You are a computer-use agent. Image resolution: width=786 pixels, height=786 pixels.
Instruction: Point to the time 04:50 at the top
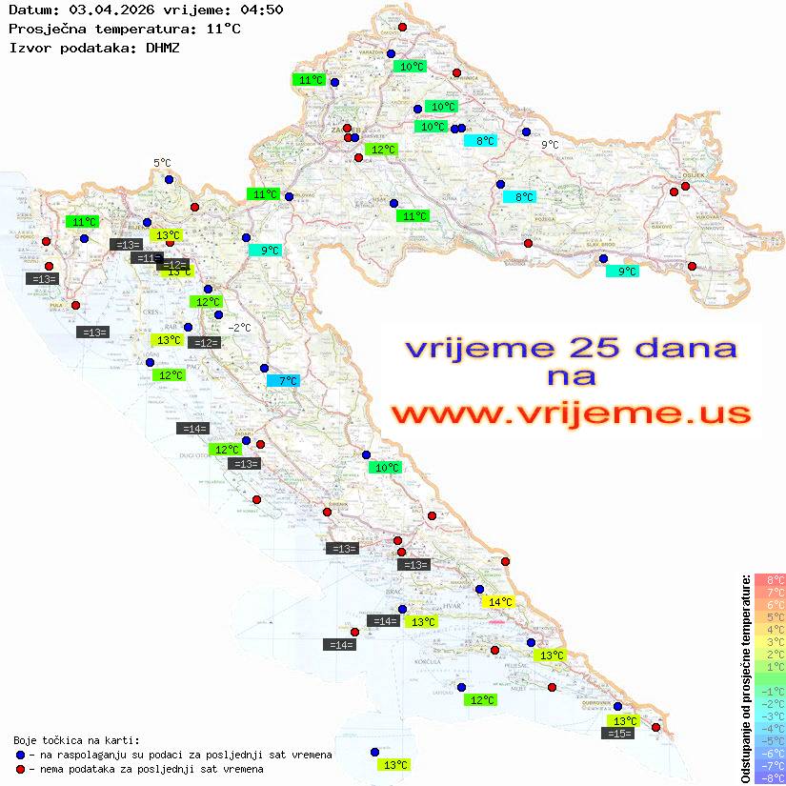(262, 10)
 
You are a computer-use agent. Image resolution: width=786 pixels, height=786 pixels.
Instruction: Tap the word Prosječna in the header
(43, 29)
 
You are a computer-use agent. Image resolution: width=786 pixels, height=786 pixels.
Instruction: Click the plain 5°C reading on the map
(162, 164)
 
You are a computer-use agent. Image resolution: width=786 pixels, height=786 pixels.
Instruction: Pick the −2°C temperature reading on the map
(240, 328)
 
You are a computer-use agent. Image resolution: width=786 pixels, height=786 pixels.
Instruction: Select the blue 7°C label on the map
(283, 380)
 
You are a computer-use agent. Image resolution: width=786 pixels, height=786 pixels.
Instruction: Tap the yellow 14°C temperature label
(498, 601)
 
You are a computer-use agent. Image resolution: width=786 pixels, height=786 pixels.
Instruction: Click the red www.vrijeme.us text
(570, 414)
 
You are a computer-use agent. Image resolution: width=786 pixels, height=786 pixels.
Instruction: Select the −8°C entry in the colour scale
(770, 777)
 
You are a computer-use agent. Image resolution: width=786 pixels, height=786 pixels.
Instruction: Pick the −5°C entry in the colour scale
(770, 740)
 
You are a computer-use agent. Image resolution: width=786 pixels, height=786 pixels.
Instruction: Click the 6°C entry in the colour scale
(770, 604)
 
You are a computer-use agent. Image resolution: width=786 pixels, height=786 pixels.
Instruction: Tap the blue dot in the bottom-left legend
(20, 755)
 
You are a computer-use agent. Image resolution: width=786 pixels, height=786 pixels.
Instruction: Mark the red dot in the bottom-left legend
(20, 769)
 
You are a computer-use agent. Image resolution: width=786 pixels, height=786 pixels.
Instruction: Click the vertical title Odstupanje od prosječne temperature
(746, 677)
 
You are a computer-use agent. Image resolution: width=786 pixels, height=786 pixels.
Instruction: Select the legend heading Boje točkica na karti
(76, 740)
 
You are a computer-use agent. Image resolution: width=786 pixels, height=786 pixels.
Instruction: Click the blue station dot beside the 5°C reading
(169, 179)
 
